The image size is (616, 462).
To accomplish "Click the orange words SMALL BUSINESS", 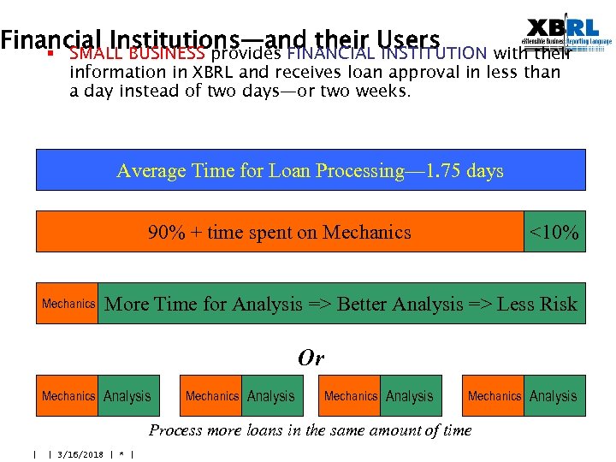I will click(x=137, y=54).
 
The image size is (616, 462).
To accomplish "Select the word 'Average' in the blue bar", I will click(x=151, y=170).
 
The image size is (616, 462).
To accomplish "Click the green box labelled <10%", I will click(x=554, y=232).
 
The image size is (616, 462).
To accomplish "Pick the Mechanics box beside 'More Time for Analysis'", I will click(x=68, y=304).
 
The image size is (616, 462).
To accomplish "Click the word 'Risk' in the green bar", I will click(x=556, y=304).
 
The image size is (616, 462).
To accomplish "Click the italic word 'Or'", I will click(x=311, y=358).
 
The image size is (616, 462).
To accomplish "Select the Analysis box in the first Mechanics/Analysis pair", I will click(x=127, y=396).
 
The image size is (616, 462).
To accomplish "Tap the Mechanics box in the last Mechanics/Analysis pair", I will click(x=494, y=396).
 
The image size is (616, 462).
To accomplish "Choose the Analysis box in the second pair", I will click(x=271, y=396).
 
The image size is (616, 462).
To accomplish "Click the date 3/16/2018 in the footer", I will click(x=80, y=454).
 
